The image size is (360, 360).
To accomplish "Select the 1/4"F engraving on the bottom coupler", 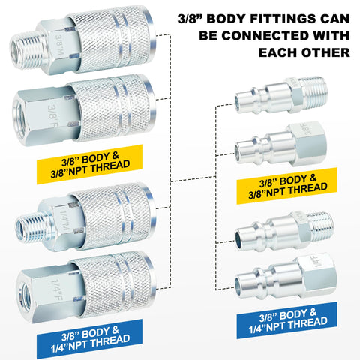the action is (57, 290).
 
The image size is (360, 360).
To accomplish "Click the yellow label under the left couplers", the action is (89, 164).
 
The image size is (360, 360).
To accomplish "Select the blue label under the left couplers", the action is (89, 339).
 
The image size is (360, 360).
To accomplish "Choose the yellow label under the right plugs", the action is (287, 186).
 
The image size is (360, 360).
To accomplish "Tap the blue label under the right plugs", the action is (287, 320).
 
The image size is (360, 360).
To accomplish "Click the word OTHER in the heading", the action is (325, 52).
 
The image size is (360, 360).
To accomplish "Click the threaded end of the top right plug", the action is (313, 92).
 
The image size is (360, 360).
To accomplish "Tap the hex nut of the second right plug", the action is (307, 144).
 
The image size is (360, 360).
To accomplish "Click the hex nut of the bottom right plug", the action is (317, 275).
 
